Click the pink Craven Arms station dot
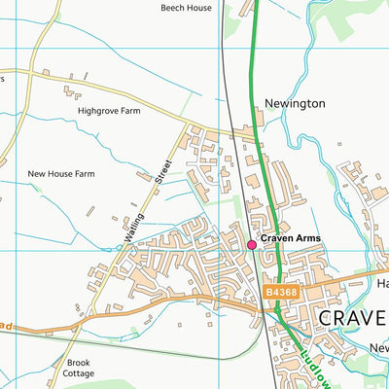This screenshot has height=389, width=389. [252, 245]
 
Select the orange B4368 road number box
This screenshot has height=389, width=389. [281, 290]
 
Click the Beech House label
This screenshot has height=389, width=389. [185, 7]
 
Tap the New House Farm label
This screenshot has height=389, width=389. [61, 174]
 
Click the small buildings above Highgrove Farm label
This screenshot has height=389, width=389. [70, 92]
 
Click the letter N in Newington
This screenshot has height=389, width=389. [269, 102]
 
